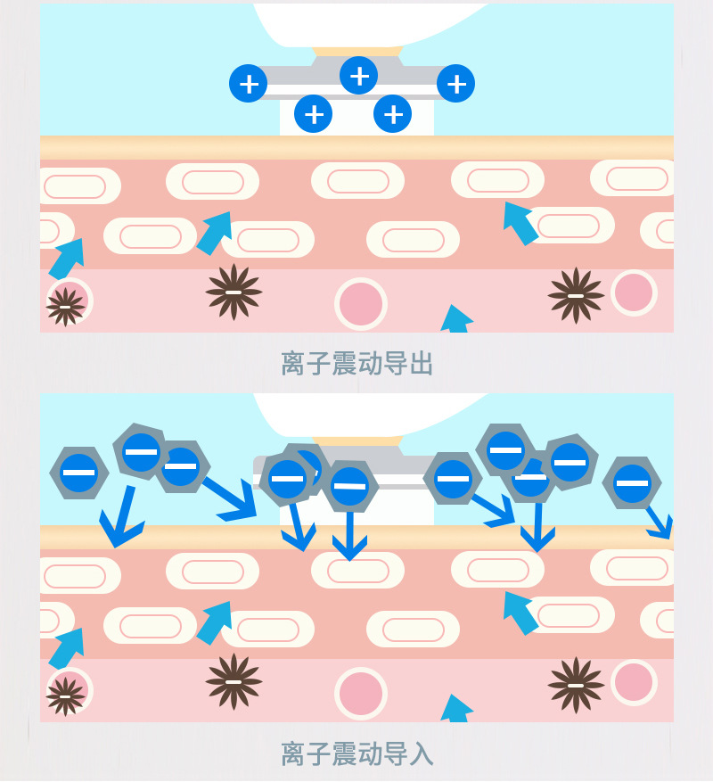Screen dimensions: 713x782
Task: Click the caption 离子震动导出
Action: [357, 363]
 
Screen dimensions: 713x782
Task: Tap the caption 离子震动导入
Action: [357, 753]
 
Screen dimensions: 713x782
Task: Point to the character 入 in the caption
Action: [421, 753]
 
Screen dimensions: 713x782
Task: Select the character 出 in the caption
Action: [421, 363]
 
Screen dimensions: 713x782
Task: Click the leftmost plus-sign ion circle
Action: [249, 83]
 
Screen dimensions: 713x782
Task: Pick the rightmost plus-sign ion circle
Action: [455, 83]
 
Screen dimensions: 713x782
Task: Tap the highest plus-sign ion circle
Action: [358, 75]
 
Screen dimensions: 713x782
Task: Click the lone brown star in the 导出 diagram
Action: [234, 292]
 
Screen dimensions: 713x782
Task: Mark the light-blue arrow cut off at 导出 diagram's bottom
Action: [455, 319]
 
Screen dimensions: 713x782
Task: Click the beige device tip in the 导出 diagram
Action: [357, 52]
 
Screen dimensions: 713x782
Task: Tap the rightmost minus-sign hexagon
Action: [632, 482]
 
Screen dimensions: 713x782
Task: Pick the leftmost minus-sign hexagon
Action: [79, 473]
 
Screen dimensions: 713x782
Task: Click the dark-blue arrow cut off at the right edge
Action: [660, 523]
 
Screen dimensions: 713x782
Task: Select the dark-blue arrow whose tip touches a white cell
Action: [349, 536]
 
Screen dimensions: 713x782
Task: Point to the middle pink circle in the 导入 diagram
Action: [360, 693]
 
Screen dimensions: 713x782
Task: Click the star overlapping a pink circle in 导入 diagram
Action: [65, 696]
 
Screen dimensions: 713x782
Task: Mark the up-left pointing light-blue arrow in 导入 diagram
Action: [520, 613]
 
